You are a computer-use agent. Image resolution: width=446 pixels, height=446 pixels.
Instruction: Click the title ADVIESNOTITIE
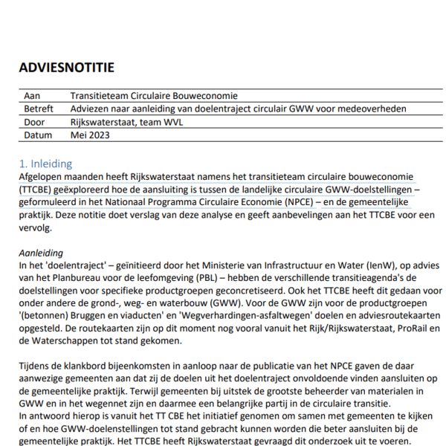(x=67, y=68)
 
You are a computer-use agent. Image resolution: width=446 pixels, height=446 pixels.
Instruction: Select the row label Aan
(x=32, y=96)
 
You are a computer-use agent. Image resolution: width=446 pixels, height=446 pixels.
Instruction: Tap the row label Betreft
(x=39, y=109)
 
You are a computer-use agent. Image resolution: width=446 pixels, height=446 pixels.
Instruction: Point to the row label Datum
(x=38, y=135)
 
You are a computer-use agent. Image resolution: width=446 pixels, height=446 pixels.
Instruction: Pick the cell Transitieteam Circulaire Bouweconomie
(x=154, y=96)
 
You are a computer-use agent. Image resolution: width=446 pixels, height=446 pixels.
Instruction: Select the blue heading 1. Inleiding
(x=45, y=164)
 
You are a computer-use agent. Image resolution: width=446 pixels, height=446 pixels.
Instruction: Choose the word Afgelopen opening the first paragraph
(x=42, y=177)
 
